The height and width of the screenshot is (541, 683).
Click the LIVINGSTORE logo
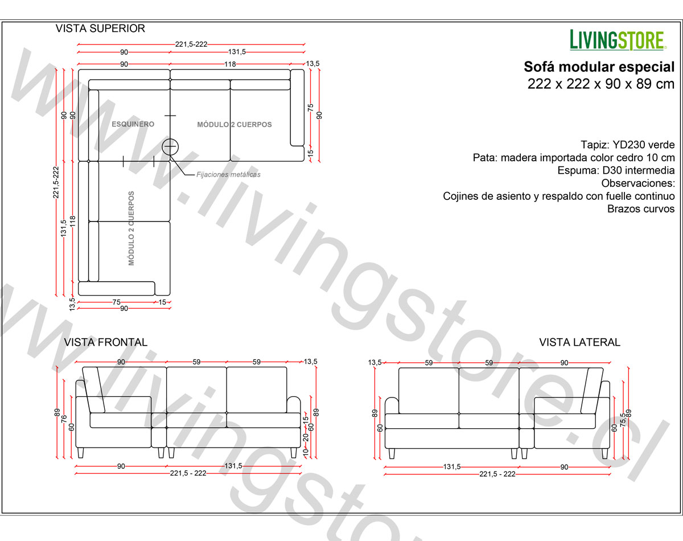coord(618,40)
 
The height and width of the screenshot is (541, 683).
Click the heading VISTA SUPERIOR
coord(100,28)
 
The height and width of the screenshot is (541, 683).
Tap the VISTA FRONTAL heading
coord(106,342)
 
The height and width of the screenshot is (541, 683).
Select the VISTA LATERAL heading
coord(579,342)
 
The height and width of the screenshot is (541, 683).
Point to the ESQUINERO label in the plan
coord(133,124)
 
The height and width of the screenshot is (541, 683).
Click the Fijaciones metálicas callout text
coord(228,174)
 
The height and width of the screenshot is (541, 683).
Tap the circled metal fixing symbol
coord(170,147)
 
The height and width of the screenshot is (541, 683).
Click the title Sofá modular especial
coord(599,67)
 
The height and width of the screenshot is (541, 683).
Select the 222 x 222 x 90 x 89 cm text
coord(601,84)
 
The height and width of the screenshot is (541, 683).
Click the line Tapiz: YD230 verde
coord(627,145)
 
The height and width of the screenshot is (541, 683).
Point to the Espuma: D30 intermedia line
coord(616,170)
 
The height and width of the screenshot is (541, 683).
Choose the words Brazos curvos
coord(641,209)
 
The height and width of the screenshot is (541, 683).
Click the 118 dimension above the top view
coord(230,64)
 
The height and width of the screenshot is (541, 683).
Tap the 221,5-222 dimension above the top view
coord(191,44)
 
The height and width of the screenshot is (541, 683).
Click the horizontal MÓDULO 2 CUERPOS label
coord(234,125)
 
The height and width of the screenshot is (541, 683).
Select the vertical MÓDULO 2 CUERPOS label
coord(131,228)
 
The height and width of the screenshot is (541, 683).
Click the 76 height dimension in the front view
coord(64,419)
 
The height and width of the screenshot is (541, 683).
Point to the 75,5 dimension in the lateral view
coord(623,420)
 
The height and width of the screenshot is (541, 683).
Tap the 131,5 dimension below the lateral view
coord(451,466)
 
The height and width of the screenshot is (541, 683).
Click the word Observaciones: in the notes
coord(638,183)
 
